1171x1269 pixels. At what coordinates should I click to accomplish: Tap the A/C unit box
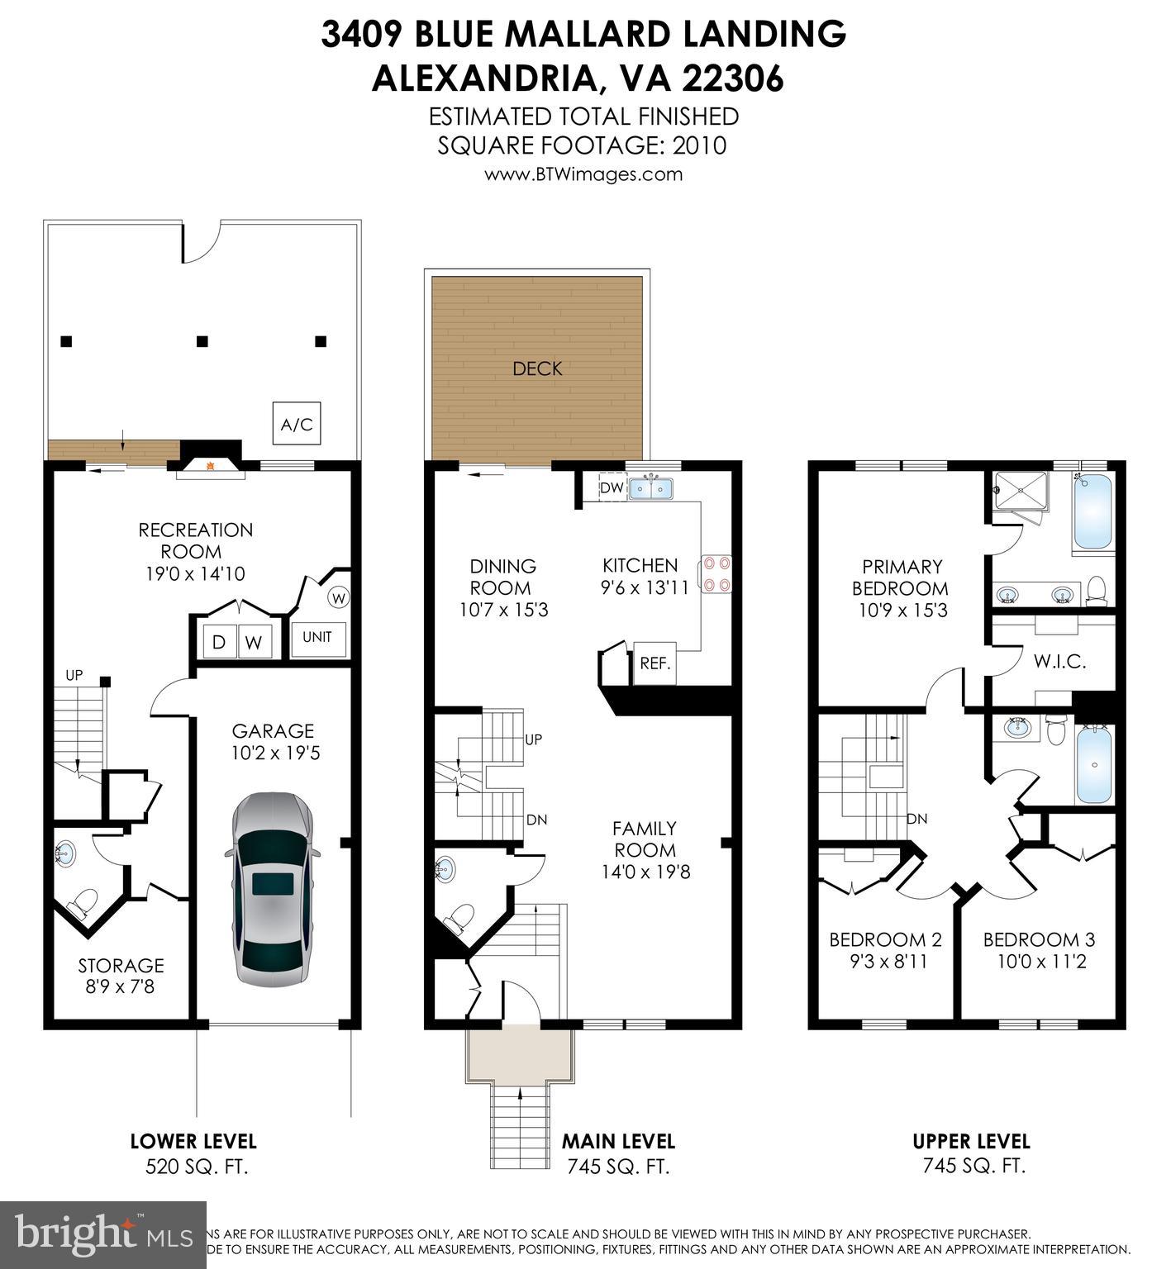(x=297, y=425)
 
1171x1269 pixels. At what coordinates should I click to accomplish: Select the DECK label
(x=537, y=368)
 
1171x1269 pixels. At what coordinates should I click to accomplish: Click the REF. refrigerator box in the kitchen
(x=655, y=663)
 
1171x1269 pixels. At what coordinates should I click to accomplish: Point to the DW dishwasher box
(x=612, y=488)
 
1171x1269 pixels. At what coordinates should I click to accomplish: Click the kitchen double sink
(x=651, y=489)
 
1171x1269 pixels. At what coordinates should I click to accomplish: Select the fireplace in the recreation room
(x=210, y=466)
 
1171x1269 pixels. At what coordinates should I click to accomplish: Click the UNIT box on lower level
(x=317, y=637)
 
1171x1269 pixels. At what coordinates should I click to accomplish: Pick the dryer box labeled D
(x=220, y=642)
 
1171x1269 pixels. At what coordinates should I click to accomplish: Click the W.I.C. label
(x=1059, y=661)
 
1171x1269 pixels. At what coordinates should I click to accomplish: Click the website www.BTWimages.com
(x=583, y=174)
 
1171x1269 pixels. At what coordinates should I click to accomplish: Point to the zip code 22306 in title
(x=732, y=78)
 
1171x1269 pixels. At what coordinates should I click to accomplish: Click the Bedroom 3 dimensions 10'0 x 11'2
(x=1039, y=962)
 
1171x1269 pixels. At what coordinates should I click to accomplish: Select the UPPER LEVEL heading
(x=971, y=1141)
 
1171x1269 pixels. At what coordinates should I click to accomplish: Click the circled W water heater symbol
(x=340, y=596)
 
